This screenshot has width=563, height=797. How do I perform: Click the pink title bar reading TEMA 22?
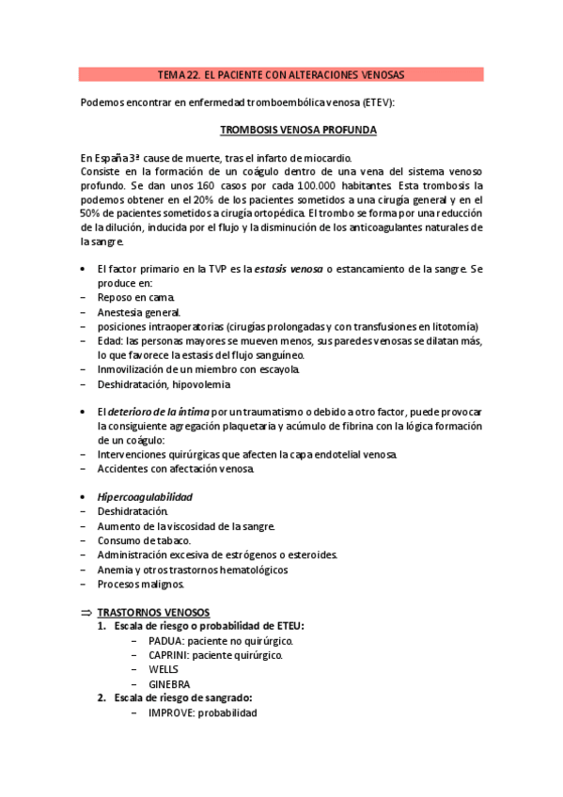[281, 74]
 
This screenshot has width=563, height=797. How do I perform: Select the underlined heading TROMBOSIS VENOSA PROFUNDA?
[299, 131]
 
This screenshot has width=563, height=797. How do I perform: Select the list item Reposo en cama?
[135, 297]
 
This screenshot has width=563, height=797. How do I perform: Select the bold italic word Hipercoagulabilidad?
[146, 496]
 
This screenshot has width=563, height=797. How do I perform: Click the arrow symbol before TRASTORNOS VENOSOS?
[86, 612]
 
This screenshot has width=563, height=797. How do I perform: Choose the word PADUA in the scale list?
[166, 640]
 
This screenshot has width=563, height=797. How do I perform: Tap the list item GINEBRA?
[169, 683]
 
